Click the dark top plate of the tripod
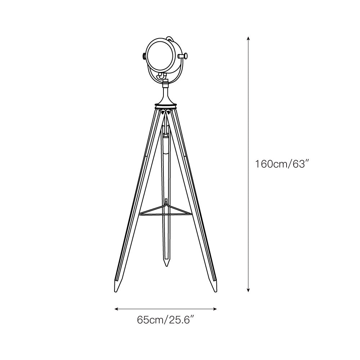point(166,106)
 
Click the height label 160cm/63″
point(283,164)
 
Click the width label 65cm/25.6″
point(166,319)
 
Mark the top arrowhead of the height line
point(248,38)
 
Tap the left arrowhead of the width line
point(116,309)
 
